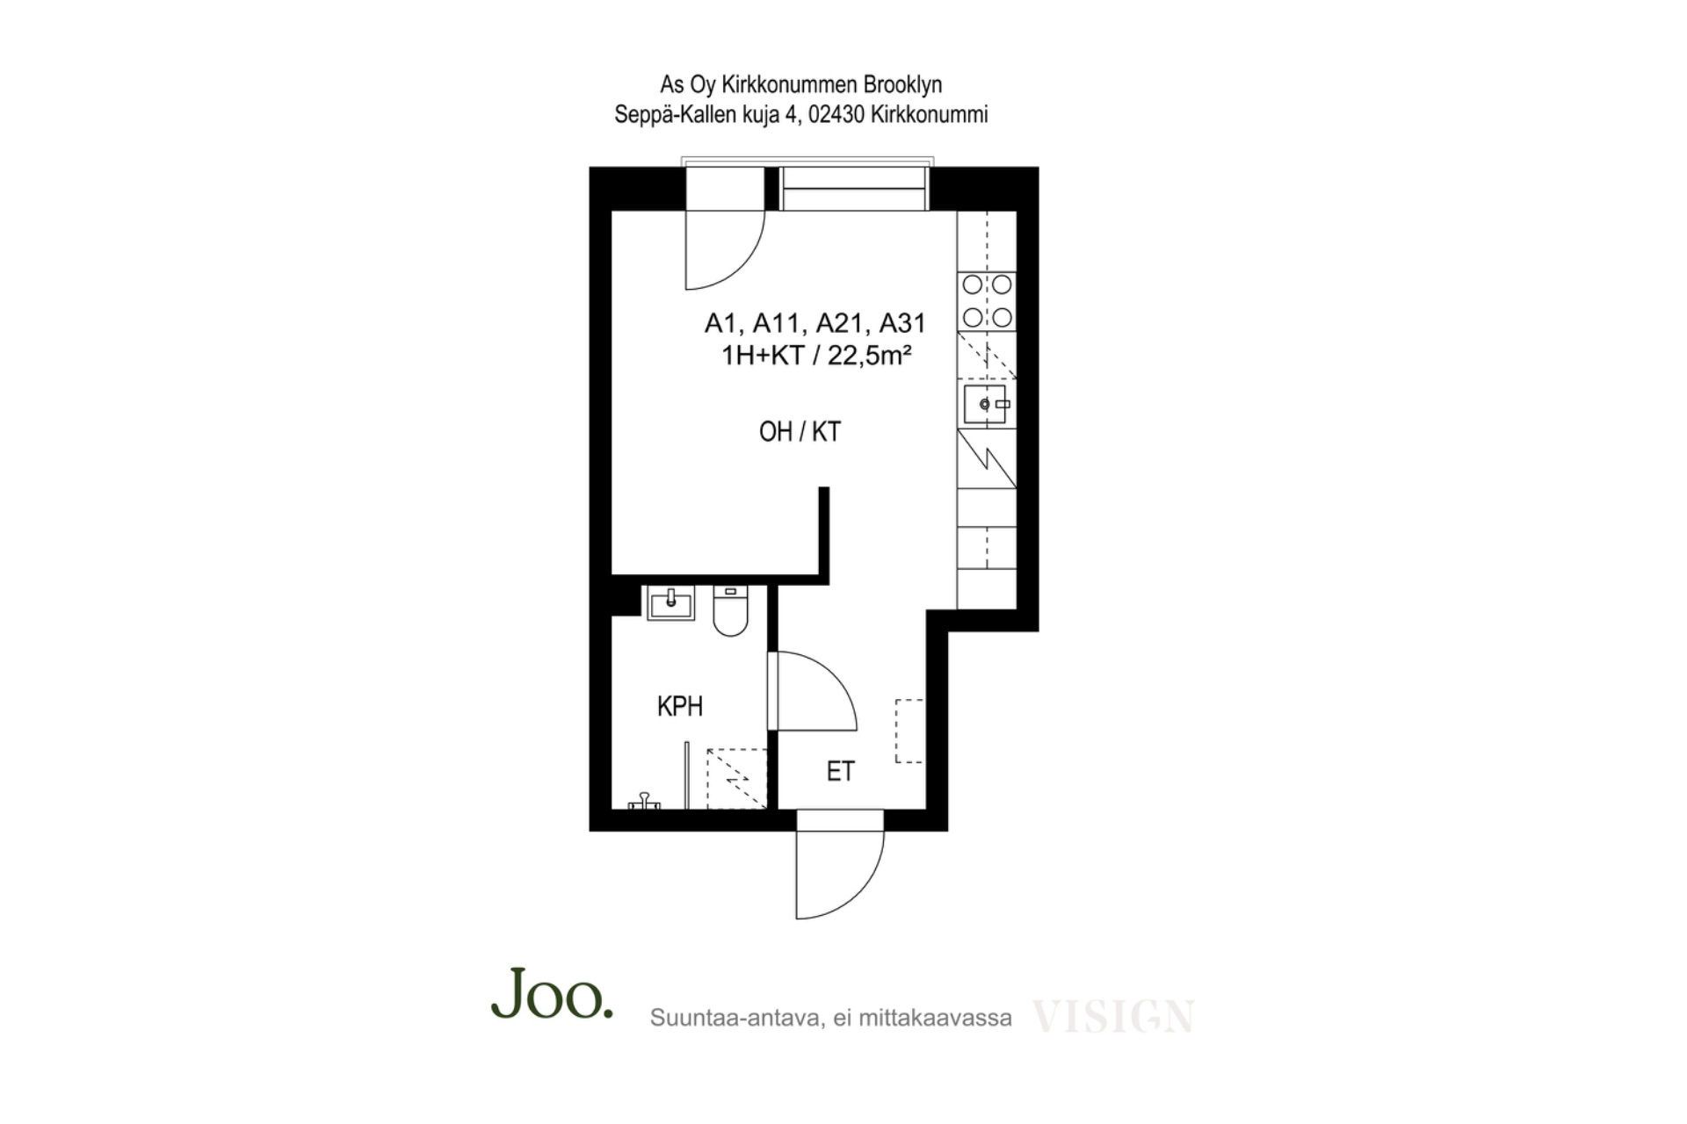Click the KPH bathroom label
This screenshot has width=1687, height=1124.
pyautogui.click(x=679, y=706)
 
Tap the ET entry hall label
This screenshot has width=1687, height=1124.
pyautogui.click(x=840, y=771)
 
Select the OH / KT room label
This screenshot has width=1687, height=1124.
pyautogui.click(x=800, y=431)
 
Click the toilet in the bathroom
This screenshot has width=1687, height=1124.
pyautogui.click(x=730, y=610)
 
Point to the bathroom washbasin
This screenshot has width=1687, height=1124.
pyautogui.click(x=670, y=602)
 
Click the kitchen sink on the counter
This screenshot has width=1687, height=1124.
pyautogui.click(x=986, y=404)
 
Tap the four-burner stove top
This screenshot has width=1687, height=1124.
pyautogui.click(x=987, y=300)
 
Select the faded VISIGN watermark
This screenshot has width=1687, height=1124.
pyautogui.click(x=1112, y=1016)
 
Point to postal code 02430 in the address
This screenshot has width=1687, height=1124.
pyautogui.click(x=836, y=114)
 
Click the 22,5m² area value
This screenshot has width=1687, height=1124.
pyautogui.click(x=869, y=355)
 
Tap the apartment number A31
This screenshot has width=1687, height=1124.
pyautogui.click(x=902, y=323)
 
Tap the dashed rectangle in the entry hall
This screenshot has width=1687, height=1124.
pyautogui.click(x=909, y=731)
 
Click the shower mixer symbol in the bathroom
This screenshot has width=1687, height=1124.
pyautogui.click(x=644, y=801)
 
